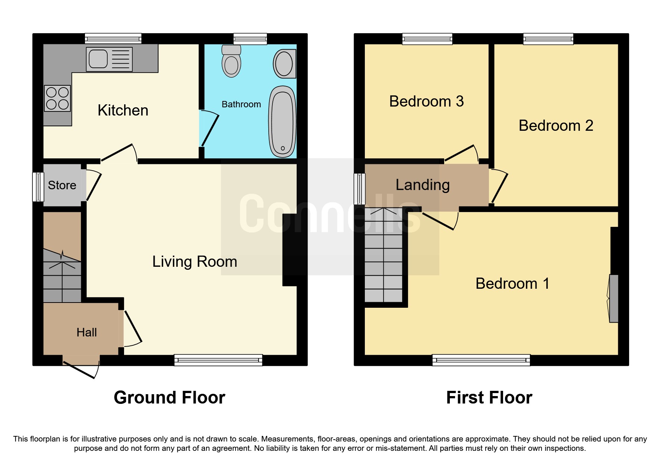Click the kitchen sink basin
pyautogui.click(x=98, y=59)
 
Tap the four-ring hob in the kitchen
pyautogui.click(x=57, y=98)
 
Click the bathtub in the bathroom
pyautogui.click(x=282, y=121)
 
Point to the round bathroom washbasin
pyautogui.click(x=284, y=64)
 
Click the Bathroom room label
pyautogui.click(x=241, y=104)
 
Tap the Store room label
pyautogui.click(x=62, y=185)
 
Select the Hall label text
pyautogui.click(x=86, y=332)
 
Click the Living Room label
pyautogui.click(x=195, y=262)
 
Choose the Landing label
pyautogui.click(x=423, y=185)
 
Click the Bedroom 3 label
pyautogui.click(x=426, y=101)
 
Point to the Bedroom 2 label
pyautogui.click(x=556, y=126)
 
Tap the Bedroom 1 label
pyautogui.click(x=512, y=284)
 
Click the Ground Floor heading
pyautogui.click(x=169, y=398)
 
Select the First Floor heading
pyautogui.click(x=489, y=398)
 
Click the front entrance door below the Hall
pyautogui.click(x=80, y=369)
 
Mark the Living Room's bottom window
pyautogui.click(x=218, y=360)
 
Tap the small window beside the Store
pyautogui.click(x=38, y=187)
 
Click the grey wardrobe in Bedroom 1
pyautogui.click(x=613, y=298)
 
